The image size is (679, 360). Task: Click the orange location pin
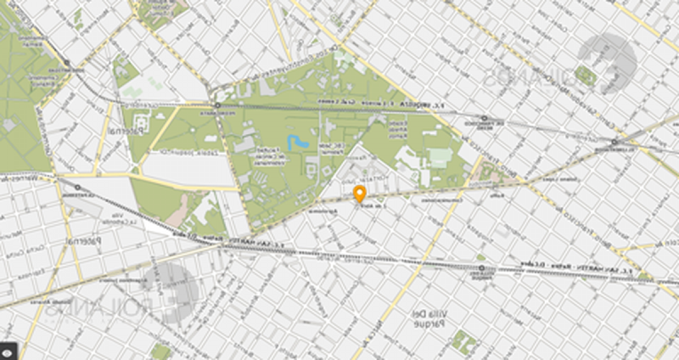(x=359, y=193)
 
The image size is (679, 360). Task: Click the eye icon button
(x=11, y=352)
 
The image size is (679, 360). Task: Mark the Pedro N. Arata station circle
(x=217, y=106)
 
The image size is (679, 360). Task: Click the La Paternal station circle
(x=77, y=187)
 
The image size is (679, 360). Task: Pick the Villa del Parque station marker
(x=480, y=267)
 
